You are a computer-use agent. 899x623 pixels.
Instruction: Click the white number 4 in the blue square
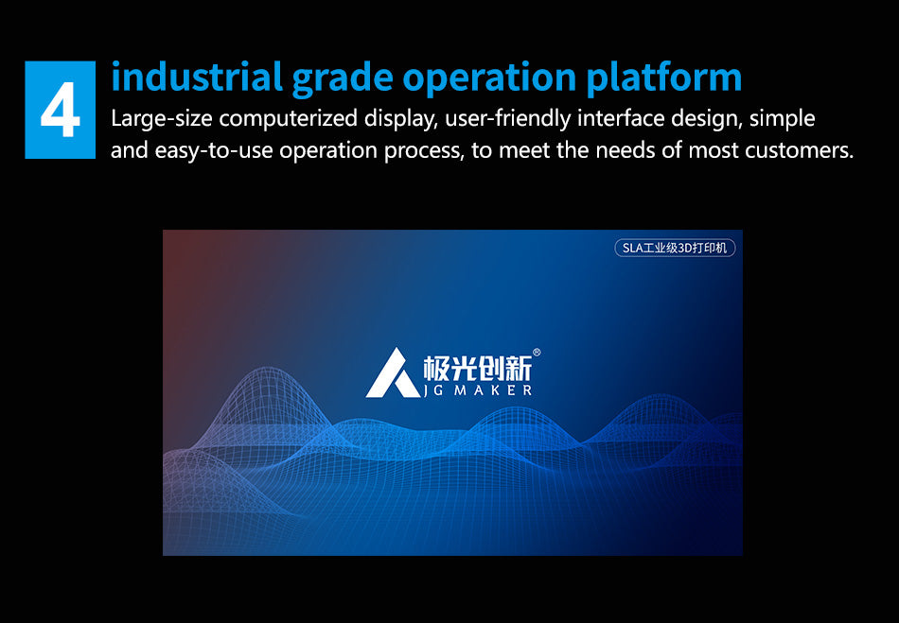pyautogui.click(x=61, y=110)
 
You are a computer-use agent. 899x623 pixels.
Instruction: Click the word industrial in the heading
pyautogui.click(x=197, y=77)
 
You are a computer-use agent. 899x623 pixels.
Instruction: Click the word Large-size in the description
pyautogui.click(x=161, y=119)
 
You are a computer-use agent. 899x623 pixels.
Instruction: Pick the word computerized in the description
pyautogui.click(x=289, y=120)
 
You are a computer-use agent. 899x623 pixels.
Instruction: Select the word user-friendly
pyautogui.click(x=508, y=119)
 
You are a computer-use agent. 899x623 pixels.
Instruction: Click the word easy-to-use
pyautogui.click(x=214, y=150)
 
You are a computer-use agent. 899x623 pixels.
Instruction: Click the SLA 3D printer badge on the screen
pyautogui.click(x=675, y=248)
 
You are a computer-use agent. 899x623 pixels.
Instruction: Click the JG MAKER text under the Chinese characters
pyautogui.click(x=478, y=390)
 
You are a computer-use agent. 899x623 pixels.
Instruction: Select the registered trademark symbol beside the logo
pyautogui.click(x=537, y=353)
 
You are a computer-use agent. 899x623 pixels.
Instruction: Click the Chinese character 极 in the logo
pyautogui.click(x=436, y=368)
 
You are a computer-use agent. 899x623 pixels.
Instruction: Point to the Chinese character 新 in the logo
pyautogui.click(x=519, y=368)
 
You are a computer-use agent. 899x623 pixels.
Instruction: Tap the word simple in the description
pyautogui.click(x=782, y=119)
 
